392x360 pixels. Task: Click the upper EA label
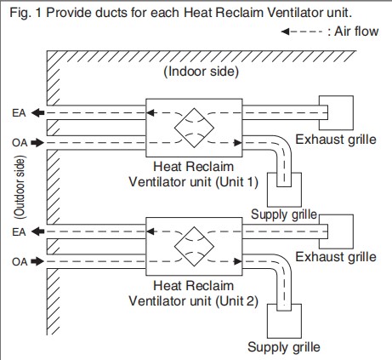19,113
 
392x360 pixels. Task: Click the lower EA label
19,232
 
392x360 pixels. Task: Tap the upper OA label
20,143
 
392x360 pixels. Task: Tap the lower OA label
20,261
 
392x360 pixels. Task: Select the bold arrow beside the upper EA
37,113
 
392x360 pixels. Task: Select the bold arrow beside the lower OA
37,261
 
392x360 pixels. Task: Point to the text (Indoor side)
202,71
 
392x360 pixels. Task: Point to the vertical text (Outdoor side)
20,187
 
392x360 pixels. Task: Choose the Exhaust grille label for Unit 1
336,140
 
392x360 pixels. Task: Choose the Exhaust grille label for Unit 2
336,257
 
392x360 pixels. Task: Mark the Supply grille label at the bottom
284,347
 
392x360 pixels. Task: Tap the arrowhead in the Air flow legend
285,31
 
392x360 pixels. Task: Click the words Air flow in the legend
356,31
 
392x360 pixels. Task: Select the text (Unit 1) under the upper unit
237,182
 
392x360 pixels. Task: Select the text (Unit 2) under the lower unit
237,301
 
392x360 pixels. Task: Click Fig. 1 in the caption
26,13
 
